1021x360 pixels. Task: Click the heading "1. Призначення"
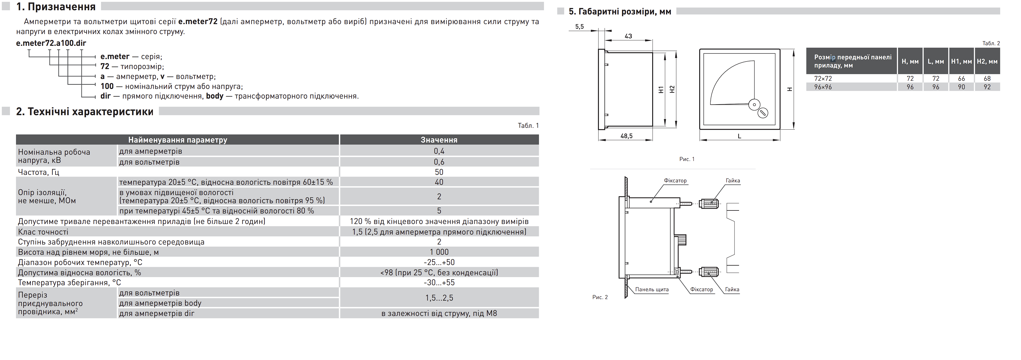point(56,7)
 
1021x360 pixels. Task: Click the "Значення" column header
point(439,140)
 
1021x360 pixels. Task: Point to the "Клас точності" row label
point(43,232)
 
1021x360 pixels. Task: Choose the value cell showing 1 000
point(439,252)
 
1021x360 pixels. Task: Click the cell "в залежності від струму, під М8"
point(439,313)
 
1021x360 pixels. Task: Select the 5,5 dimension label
point(580,27)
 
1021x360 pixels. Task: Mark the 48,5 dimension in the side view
point(626,136)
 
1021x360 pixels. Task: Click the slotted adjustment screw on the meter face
point(763,113)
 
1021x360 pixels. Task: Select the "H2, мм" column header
point(987,62)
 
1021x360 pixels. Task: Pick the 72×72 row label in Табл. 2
point(823,78)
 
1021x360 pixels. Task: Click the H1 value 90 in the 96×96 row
point(961,87)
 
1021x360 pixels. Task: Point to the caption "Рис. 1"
point(687,159)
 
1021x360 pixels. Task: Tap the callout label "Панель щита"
point(652,289)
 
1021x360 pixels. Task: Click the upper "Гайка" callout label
point(733,180)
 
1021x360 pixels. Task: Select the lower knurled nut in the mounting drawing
point(709,272)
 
